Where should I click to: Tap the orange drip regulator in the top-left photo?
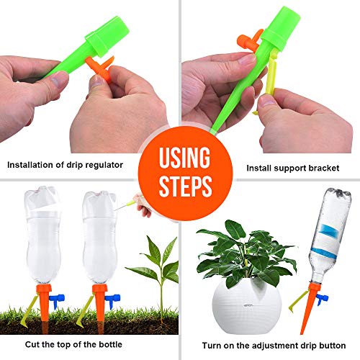(x=99, y=68)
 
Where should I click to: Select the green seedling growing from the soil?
(x=155, y=266)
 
